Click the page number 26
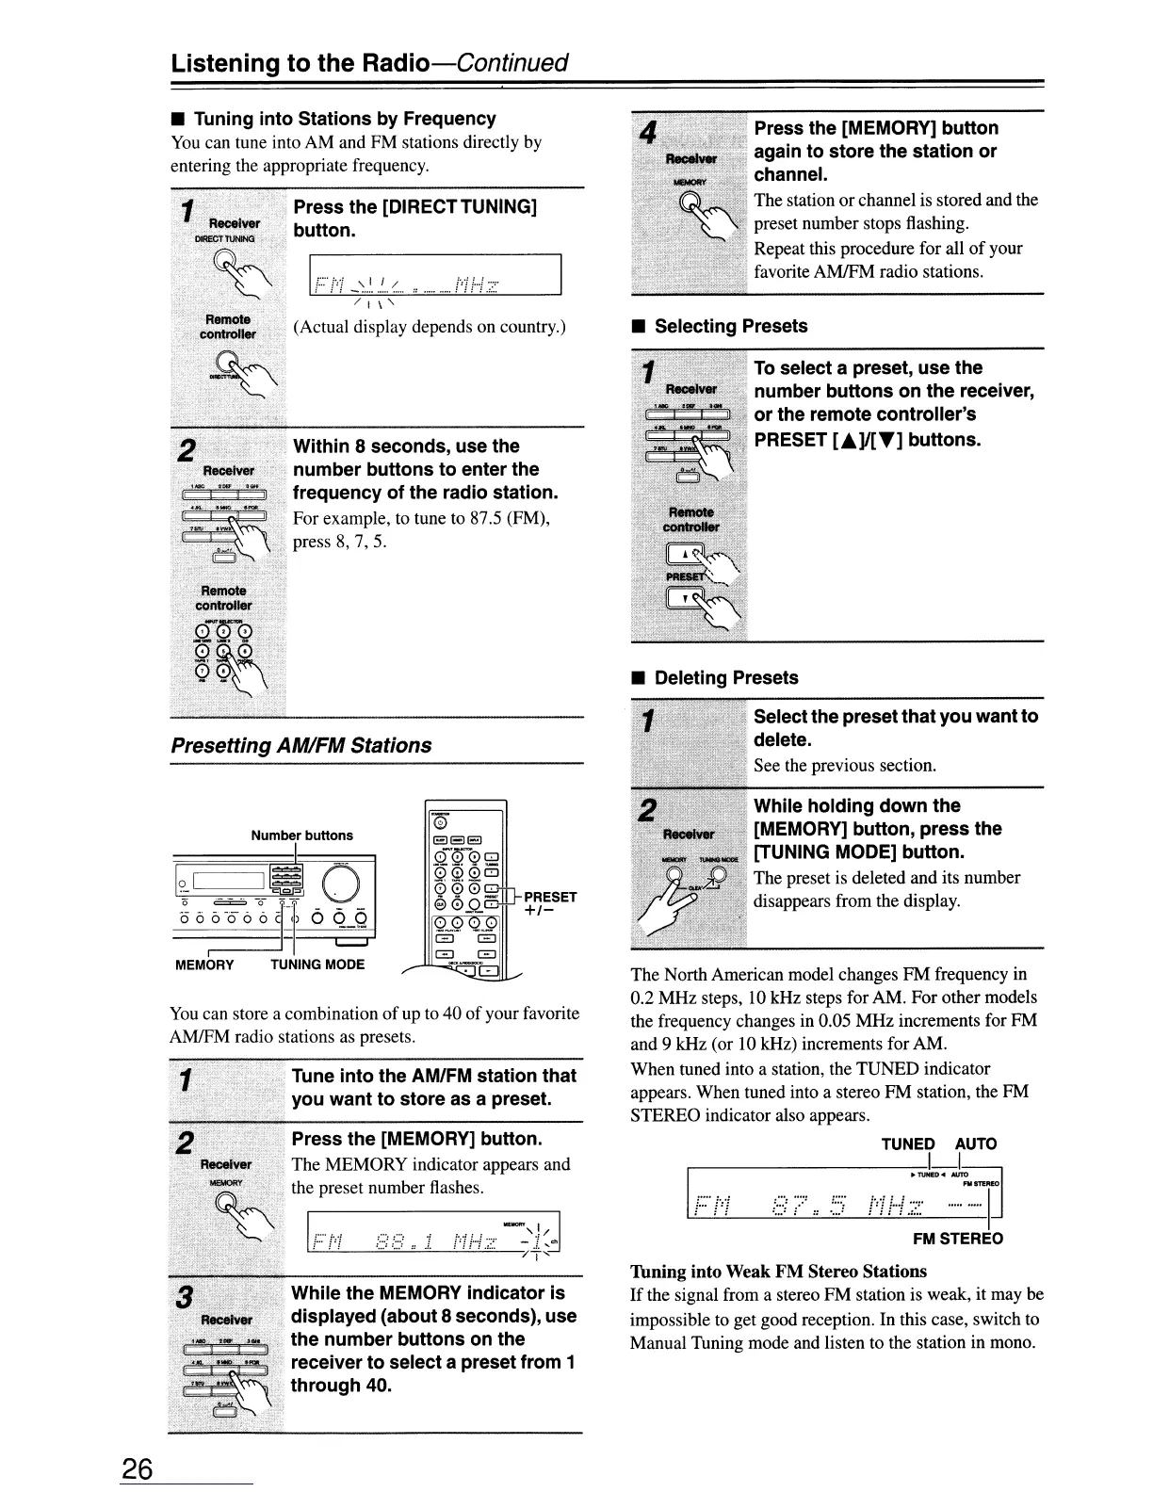coord(137,1468)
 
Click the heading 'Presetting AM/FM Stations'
coord(301,745)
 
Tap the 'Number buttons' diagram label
coord(301,835)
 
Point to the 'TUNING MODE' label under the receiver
coord(317,965)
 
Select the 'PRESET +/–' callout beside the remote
coord(550,904)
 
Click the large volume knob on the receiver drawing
coord(341,883)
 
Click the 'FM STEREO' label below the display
coord(958,1239)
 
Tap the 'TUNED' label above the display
coord(908,1144)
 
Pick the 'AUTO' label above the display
coord(976,1144)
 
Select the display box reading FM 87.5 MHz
coord(845,1192)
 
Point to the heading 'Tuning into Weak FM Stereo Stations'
coord(778,1272)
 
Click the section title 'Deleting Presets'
coord(725,678)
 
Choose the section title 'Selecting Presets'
coord(731,327)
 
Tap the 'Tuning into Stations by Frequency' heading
coord(344,119)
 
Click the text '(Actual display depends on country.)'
coord(430,328)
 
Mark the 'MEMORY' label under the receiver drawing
coord(204,965)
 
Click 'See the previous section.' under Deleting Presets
coord(845,766)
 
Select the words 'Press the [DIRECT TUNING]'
coord(415,207)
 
